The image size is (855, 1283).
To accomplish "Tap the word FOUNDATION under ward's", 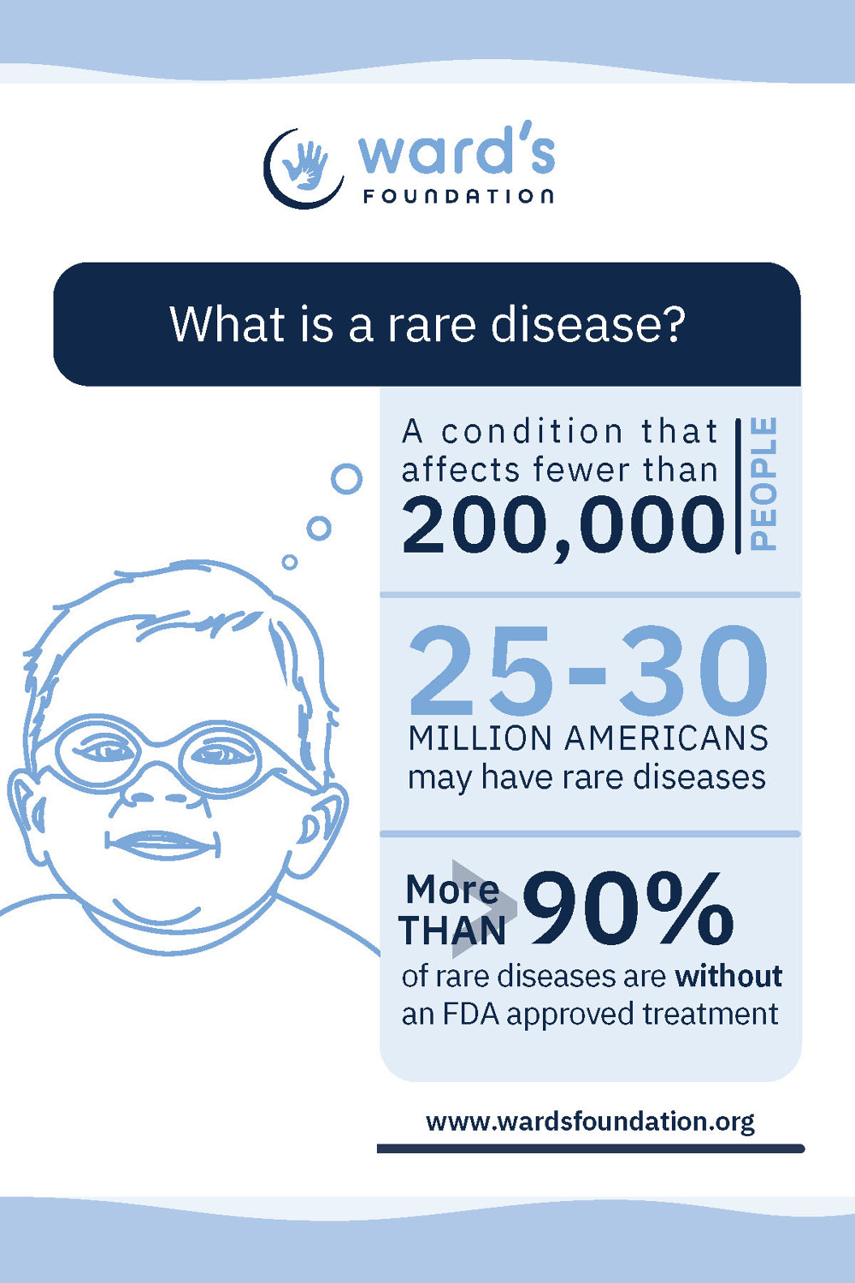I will pos(458,196).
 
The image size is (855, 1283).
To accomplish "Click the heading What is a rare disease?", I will pos(427,324).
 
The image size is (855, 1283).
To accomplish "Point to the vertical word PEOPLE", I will pos(764,483).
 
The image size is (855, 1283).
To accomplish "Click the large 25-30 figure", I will pos(588,672).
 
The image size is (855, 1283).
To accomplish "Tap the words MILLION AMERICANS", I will pos(588,738).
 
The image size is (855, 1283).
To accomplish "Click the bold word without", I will pos(728,976).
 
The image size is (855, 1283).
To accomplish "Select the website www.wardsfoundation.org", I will pos(590,1120).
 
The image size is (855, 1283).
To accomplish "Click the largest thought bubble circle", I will pos(346,479).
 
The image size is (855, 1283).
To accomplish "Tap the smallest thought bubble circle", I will pos(290,562).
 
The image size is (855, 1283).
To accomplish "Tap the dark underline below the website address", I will pos(590,1149).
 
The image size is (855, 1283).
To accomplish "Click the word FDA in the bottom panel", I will pos(471,1014).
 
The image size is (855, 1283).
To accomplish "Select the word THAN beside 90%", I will pos(452,931).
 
